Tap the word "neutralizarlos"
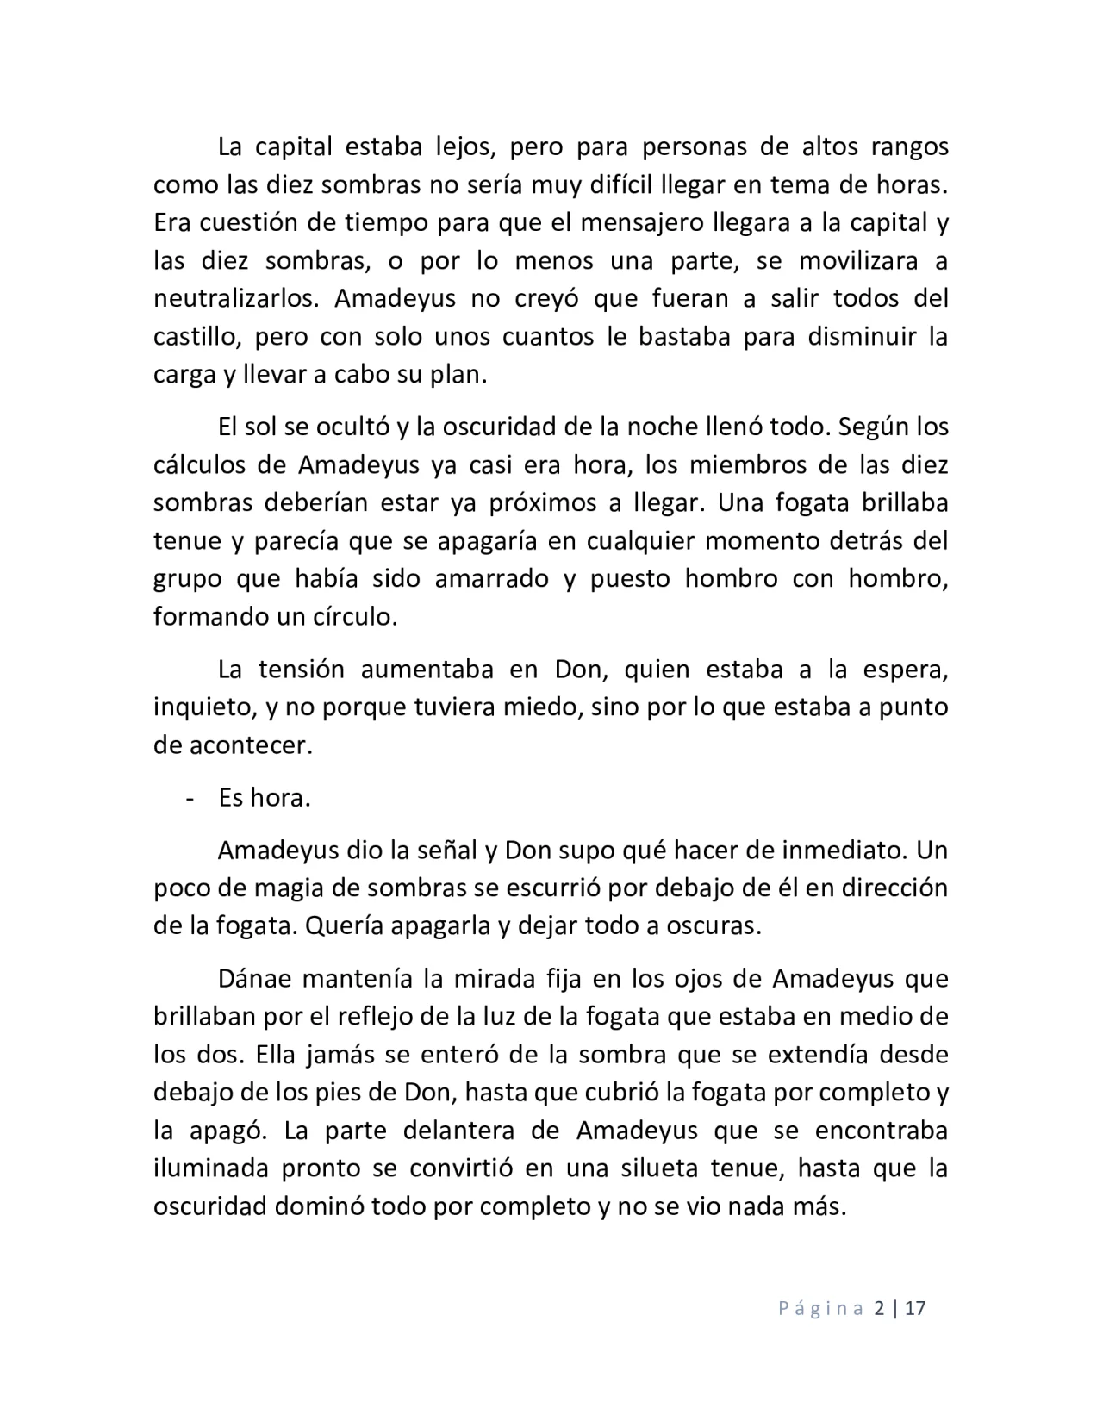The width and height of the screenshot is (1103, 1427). [x=236, y=298]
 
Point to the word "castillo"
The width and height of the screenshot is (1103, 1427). [x=191, y=336]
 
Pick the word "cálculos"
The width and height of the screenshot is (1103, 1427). [x=198, y=465]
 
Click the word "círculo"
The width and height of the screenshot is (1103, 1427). [x=352, y=617]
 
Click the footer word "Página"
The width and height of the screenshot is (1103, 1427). [x=821, y=1309]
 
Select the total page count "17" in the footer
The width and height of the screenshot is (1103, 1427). [x=915, y=1309]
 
